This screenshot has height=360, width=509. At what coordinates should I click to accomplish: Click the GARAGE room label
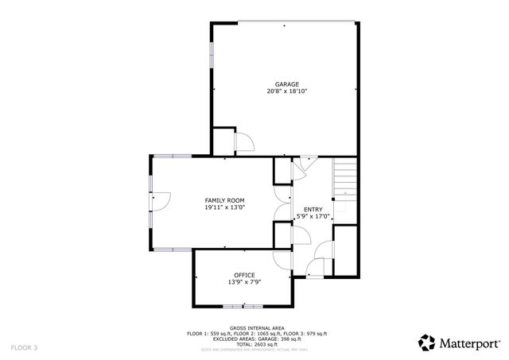[x=286, y=83]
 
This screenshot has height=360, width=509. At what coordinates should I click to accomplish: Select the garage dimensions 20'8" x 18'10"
[x=286, y=91]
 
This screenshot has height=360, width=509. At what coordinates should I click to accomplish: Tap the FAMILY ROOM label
[x=224, y=200]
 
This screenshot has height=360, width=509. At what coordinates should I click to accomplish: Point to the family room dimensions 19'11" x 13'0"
[x=224, y=208]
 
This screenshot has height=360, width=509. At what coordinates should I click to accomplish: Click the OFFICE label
[x=244, y=275]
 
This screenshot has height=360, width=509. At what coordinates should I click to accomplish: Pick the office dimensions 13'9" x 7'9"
[x=244, y=282]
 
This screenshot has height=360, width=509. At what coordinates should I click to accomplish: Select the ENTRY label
[x=313, y=209]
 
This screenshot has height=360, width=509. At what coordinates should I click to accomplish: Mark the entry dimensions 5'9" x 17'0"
[x=313, y=216]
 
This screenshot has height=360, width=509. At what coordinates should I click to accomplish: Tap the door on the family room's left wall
[x=158, y=202]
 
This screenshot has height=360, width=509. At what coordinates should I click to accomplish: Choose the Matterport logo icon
[x=427, y=343]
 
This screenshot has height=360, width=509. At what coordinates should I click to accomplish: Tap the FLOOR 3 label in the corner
[x=24, y=348]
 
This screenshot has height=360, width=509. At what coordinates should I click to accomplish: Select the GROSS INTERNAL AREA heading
[x=256, y=327]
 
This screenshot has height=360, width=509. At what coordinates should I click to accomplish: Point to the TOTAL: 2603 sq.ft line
[x=256, y=344]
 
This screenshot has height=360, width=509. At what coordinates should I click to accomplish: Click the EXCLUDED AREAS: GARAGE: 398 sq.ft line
[x=256, y=339]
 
